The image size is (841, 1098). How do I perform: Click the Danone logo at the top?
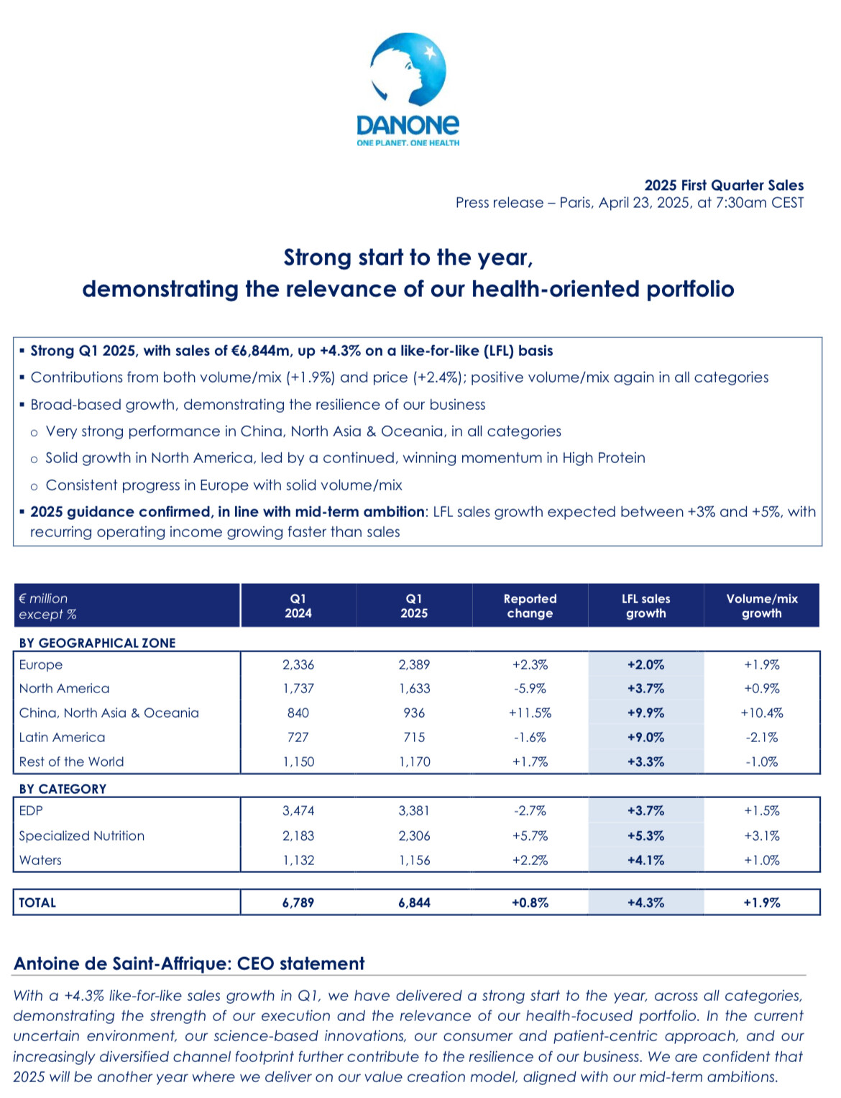tap(408, 90)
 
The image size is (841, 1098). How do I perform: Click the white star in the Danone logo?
tap(429, 52)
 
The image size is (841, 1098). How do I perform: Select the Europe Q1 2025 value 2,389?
tap(414, 664)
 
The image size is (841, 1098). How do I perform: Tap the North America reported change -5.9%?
tap(529, 688)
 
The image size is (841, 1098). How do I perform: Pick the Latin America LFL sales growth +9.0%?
tap(645, 737)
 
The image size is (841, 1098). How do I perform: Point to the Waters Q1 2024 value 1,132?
tap(298, 860)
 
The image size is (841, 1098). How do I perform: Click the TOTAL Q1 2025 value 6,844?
tap(414, 902)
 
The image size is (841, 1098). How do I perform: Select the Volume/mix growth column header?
tap(762, 605)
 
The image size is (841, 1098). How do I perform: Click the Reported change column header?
tap(530, 605)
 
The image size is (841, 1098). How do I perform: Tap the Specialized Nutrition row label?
tap(82, 836)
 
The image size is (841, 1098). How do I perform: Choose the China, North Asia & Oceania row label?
tap(109, 713)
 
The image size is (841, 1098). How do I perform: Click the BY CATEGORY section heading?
tap(63, 789)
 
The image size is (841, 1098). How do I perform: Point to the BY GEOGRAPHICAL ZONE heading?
tap(98, 643)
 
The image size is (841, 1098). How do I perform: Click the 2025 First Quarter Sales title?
tap(724, 185)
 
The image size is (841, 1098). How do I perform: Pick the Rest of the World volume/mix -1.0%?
tap(762, 761)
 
